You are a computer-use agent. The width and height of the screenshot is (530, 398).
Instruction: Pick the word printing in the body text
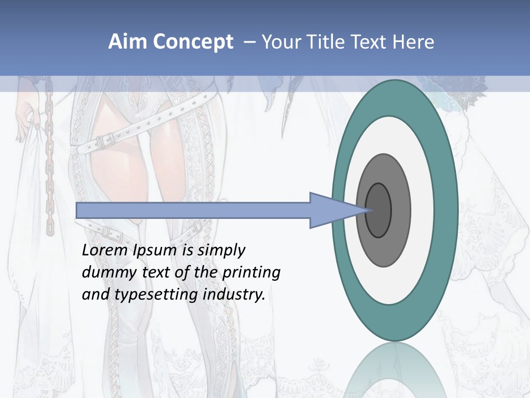point(251,273)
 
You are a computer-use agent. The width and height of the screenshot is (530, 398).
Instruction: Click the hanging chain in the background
point(49,166)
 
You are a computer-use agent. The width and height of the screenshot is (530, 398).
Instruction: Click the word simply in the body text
point(221,250)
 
